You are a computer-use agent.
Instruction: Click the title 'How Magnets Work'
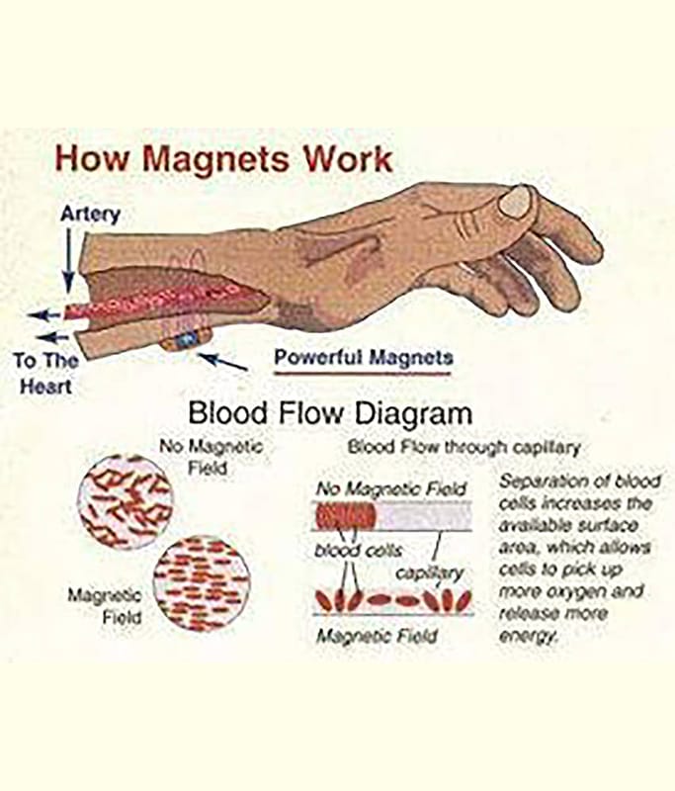[222, 158]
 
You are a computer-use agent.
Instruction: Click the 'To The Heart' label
[45, 372]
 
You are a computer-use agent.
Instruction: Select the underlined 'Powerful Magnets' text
[363, 357]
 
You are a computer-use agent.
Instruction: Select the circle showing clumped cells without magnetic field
[125, 501]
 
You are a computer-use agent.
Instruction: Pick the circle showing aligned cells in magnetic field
[200, 582]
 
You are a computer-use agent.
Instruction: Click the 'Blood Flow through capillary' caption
[463, 447]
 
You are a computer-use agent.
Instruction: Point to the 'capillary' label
[429, 572]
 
